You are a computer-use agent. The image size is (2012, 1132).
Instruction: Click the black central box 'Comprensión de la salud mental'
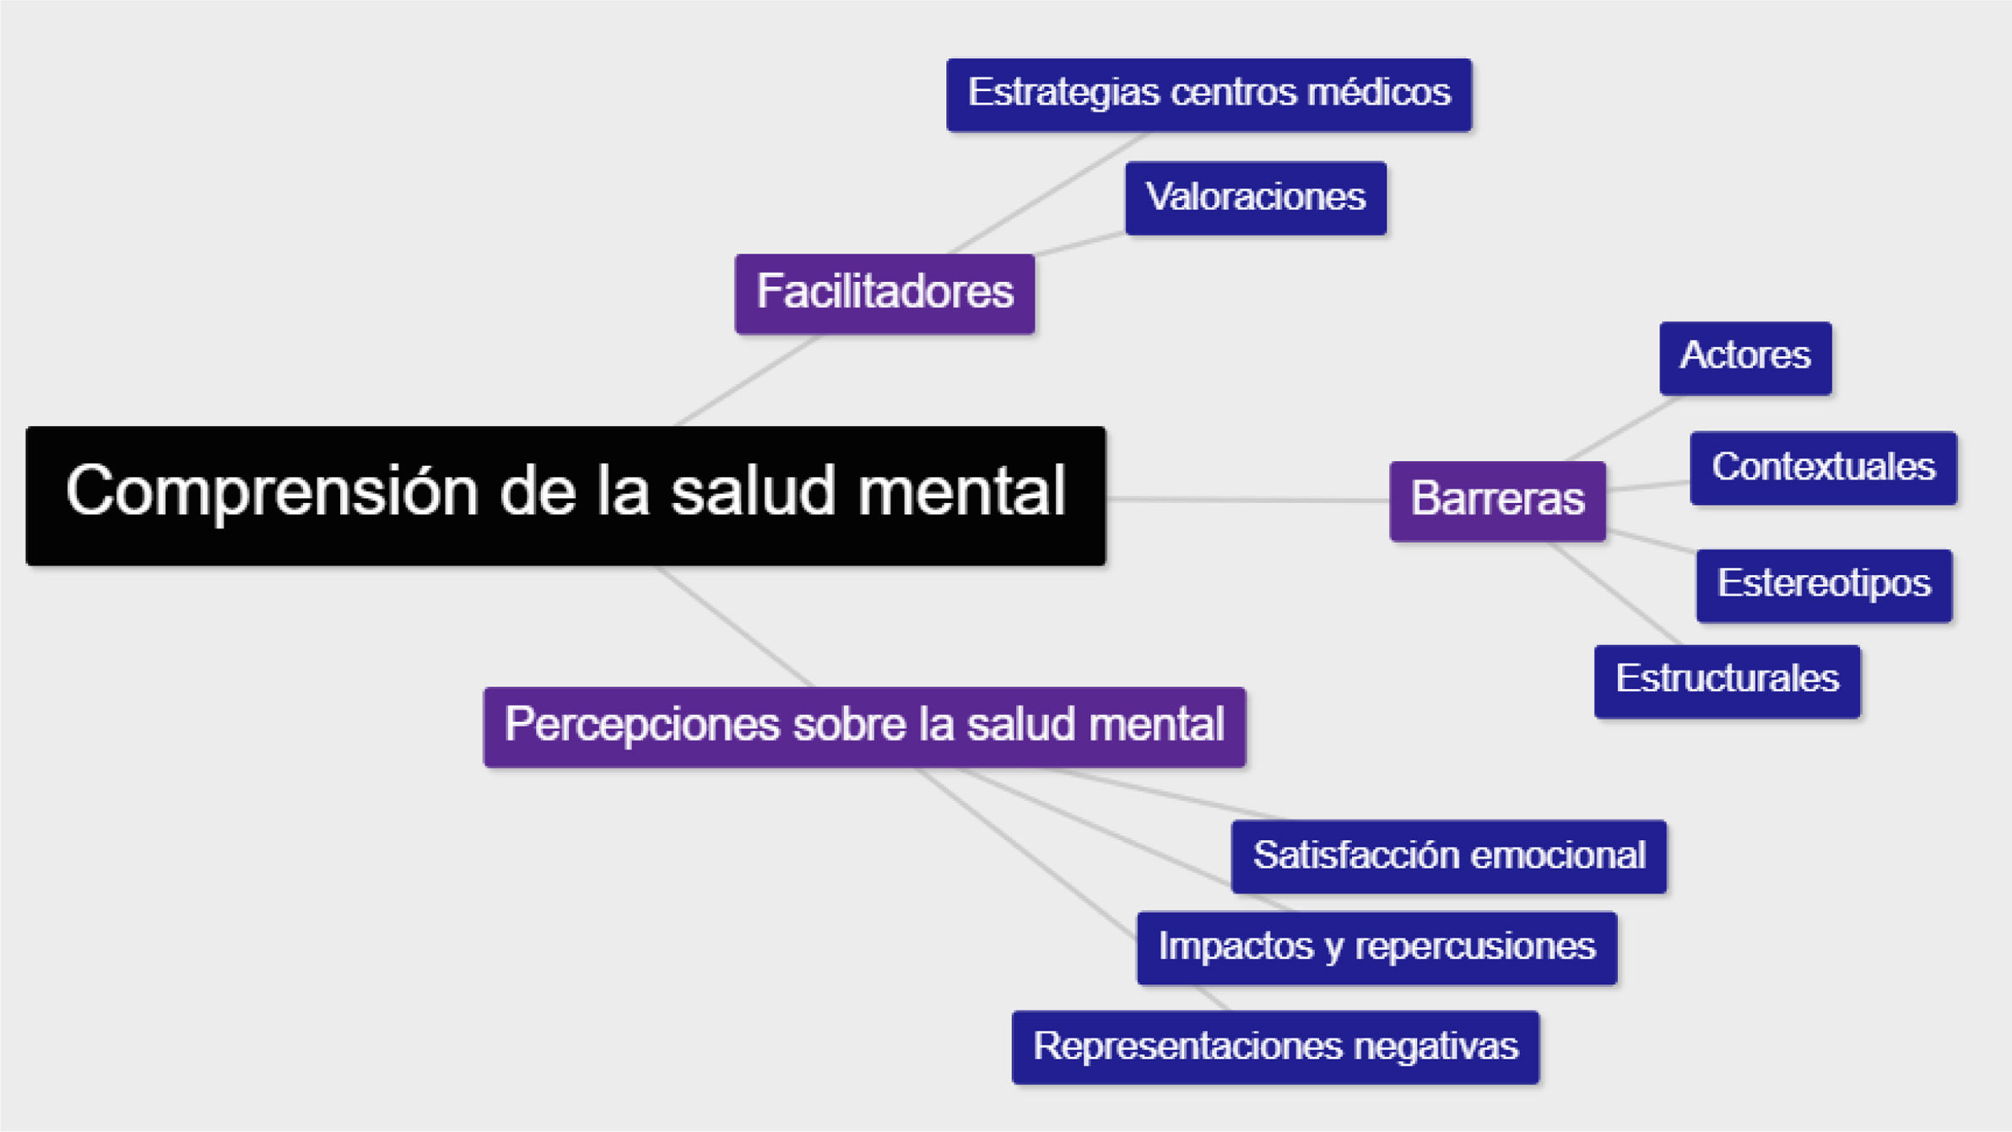[565, 496]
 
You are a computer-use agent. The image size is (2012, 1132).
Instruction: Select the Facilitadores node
[884, 294]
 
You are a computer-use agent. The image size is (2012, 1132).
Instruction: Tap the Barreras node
[1497, 501]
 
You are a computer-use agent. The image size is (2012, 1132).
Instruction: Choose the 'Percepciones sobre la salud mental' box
[864, 727]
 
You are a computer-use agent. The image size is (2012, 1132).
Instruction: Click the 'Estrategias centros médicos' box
[1209, 95]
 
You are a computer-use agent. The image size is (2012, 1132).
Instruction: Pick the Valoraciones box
[1255, 198]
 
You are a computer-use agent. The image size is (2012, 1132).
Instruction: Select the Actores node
[1744, 358]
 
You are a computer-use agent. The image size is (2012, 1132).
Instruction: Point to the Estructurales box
[1727, 681]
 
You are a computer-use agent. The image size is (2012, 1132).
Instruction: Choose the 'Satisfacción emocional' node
[1448, 857]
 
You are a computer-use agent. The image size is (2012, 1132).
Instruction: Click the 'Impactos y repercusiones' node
[1376, 948]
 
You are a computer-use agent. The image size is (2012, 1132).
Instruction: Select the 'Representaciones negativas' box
[1275, 1048]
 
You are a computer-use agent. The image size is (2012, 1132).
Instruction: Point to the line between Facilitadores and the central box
[747, 381]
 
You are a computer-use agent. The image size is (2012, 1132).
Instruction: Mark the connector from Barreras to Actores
[1620, 429]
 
